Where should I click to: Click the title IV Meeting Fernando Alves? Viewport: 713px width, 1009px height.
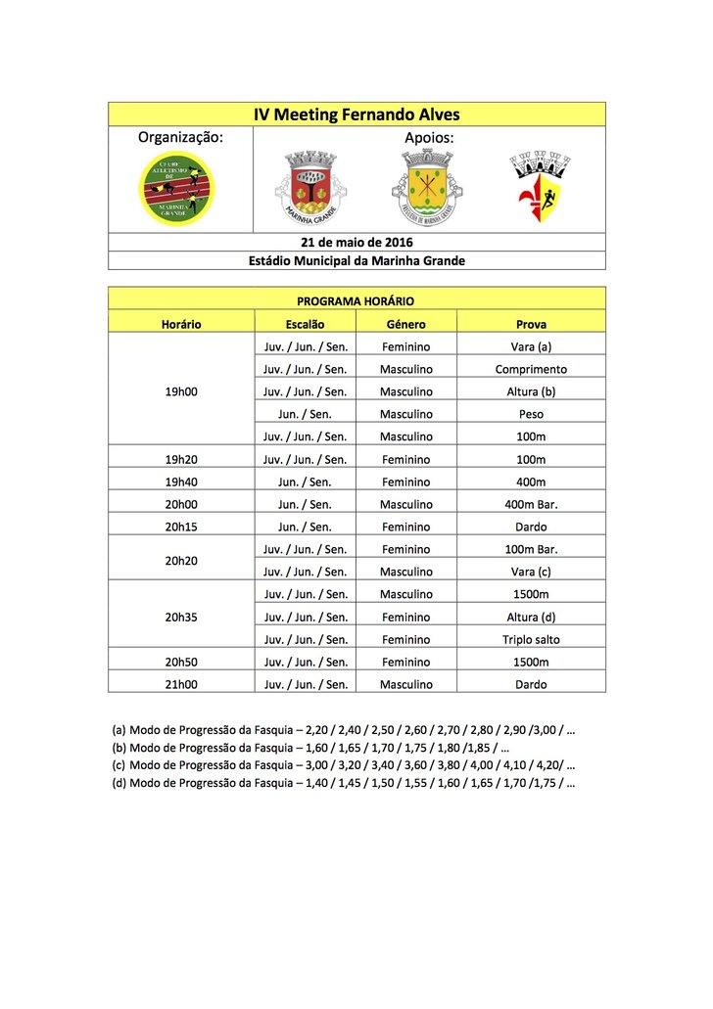tap(356, 115)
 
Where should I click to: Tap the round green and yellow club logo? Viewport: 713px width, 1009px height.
tap(177, 189)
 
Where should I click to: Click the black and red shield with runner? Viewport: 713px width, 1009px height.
tap(541, 186)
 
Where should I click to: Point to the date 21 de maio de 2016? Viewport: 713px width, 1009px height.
tap(356, 242)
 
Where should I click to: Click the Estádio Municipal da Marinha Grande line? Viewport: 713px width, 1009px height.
tap(356, 261)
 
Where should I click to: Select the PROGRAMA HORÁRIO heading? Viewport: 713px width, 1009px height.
tap(356, 301)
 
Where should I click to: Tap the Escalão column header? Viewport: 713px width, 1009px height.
tap(305, 324)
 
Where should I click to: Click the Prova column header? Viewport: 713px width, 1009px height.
tap(531, 324)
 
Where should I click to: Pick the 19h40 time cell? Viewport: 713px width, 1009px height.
tap(181, 482)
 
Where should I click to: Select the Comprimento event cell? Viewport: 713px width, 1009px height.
tap(531, 369)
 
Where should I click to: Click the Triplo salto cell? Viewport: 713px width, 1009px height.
tap(531, 640)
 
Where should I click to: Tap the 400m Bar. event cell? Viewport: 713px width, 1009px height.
tap(531, 504)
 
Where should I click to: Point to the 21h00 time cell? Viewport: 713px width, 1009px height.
tap(181, 685)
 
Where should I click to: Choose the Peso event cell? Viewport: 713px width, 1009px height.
tap(531, 414)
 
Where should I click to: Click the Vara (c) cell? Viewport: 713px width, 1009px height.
tap(531, 572)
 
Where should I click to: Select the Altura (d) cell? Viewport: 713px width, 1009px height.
tap(531, 618)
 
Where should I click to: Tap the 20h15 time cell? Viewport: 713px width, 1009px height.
tap(181, 527)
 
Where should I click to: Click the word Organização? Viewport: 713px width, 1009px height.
tap(180, 138)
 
